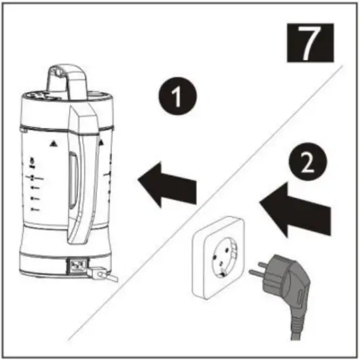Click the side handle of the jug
[85, 177]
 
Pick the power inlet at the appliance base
[77, 266]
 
